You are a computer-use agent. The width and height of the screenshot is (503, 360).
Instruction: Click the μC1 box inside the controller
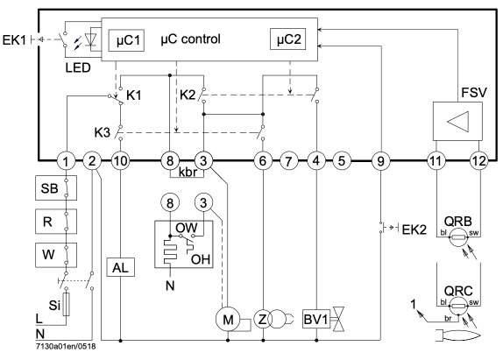(126, 40)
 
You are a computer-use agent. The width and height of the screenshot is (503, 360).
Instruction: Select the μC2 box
(287, 39)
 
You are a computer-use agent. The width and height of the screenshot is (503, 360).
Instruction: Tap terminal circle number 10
(121, 160)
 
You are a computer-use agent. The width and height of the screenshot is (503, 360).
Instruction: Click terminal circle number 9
(381, 160)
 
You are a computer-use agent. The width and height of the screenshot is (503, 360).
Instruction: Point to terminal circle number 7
(288, 160)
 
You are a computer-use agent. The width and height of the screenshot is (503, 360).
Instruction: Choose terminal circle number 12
(479, 160)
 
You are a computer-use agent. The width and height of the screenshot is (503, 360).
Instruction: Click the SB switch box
(56, 187)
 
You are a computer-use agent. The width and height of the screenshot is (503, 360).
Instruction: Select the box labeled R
(56, 222)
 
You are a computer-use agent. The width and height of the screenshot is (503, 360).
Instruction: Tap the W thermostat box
(56, 255)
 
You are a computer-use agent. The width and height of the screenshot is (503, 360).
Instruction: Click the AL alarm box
(121, 267)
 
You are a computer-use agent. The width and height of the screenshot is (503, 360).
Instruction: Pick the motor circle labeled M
(228, 320)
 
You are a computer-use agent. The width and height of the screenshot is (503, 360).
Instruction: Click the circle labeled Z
(263, 320)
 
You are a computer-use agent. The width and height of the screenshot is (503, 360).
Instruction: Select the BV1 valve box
(316, 320)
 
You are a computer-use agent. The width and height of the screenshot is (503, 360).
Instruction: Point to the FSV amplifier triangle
(458, 121)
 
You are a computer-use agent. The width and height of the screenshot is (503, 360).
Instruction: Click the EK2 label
(414, 229)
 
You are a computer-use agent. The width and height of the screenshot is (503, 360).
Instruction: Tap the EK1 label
(14, 40)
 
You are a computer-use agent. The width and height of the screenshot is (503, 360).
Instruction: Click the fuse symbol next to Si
(66, 304)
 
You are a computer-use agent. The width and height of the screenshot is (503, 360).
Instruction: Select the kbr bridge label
(187, 173)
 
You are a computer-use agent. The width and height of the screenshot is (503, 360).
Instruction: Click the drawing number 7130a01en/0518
(66, 347)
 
